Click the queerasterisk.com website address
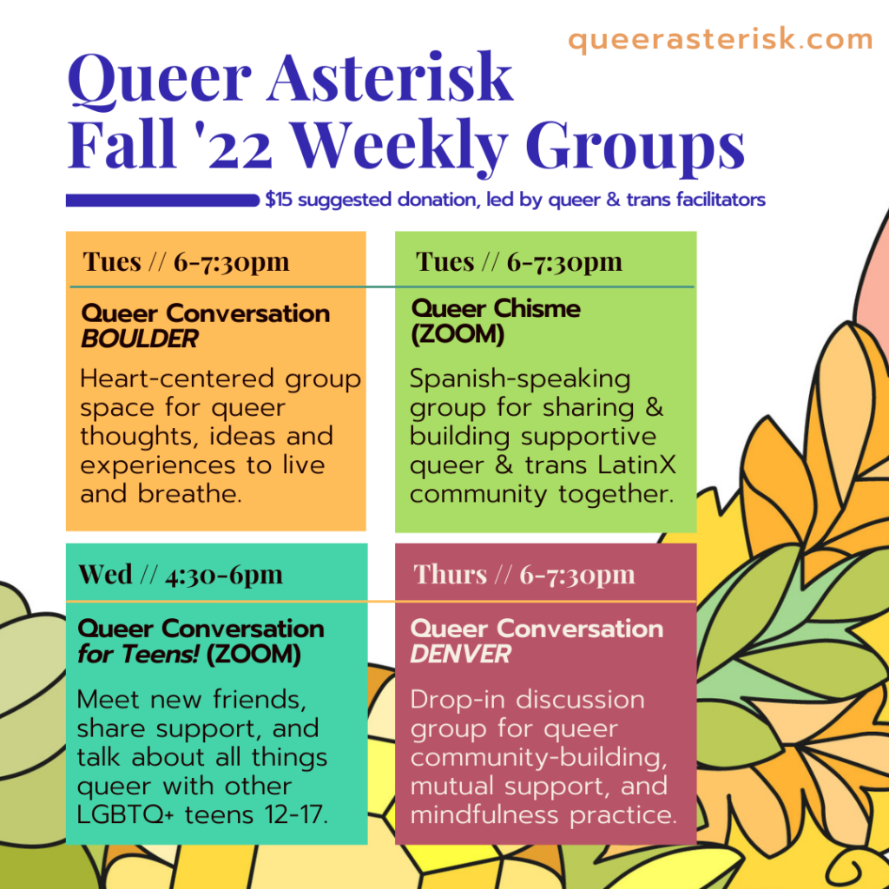click(x=720, y=40)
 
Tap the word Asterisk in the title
click(x=390, y=77)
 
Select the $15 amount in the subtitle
click(x=279, y=200)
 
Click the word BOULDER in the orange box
click(x=140, y=339)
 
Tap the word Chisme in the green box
click(x=537, y=308)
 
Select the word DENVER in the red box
click(x=460, y=654)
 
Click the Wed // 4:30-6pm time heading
click(x=181, y=575)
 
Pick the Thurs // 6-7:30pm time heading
click(x=524, y=575)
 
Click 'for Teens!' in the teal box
click(x=139, y=654)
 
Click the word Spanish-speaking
click(x=520, y=379)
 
